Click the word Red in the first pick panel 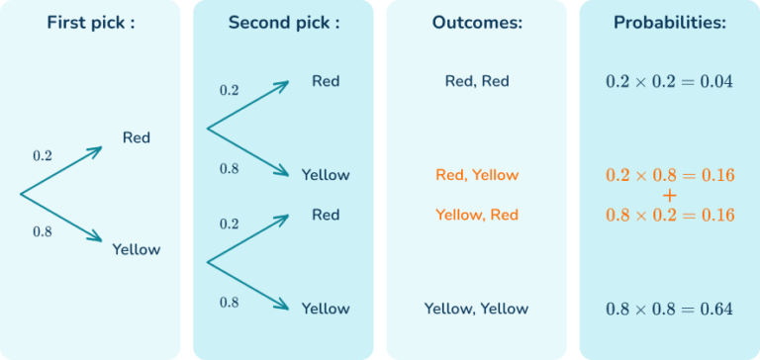point(137,137)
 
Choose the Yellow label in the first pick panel point(137,249)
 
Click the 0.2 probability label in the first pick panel point(43,155)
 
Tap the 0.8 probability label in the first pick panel point(43,232)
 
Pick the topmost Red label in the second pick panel point(326,81)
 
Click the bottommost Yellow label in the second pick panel point(326,309)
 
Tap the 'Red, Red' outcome point(477,81)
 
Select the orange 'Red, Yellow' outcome point(477,175)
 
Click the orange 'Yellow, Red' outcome point(477,215)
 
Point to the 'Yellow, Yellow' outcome point(477,309)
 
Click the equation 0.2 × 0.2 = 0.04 point(669,81)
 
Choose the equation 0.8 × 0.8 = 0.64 point(669,309)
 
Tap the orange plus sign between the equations point(669,195)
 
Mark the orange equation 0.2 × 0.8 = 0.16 point(669,175)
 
